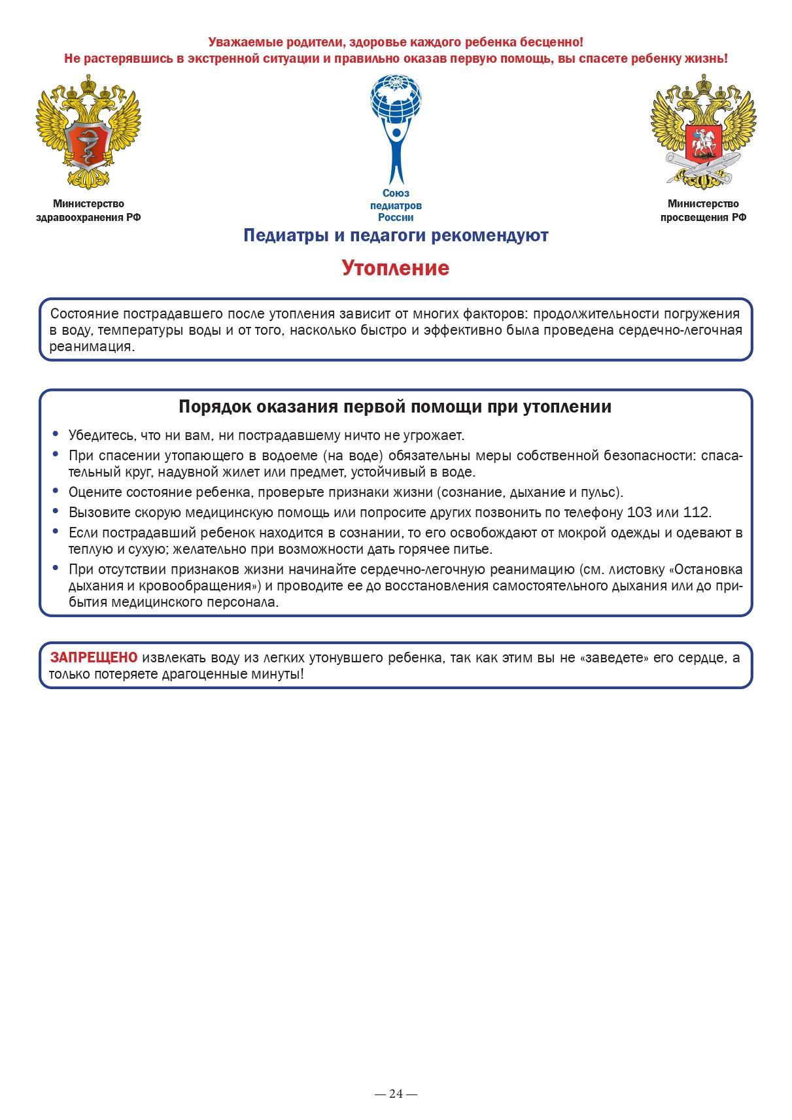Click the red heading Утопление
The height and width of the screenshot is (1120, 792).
click(x=395, y=268)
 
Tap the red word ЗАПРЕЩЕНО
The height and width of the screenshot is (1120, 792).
click(x=94, y=657)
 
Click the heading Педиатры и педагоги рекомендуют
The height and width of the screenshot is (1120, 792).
click(x=396, y=235)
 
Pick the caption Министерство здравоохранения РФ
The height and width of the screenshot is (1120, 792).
click(x=88, y=211)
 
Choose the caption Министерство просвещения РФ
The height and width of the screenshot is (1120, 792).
click(x=703, y=211)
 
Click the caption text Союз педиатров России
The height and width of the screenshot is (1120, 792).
click(x=396, y=205)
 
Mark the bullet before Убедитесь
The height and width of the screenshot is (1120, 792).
click(x=56, y=433)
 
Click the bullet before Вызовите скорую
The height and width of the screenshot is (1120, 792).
click(x=56, y=511)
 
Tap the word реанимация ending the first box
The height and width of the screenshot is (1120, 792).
click(x=92, y=347)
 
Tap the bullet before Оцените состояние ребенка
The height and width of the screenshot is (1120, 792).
click(x=56, y=491)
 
